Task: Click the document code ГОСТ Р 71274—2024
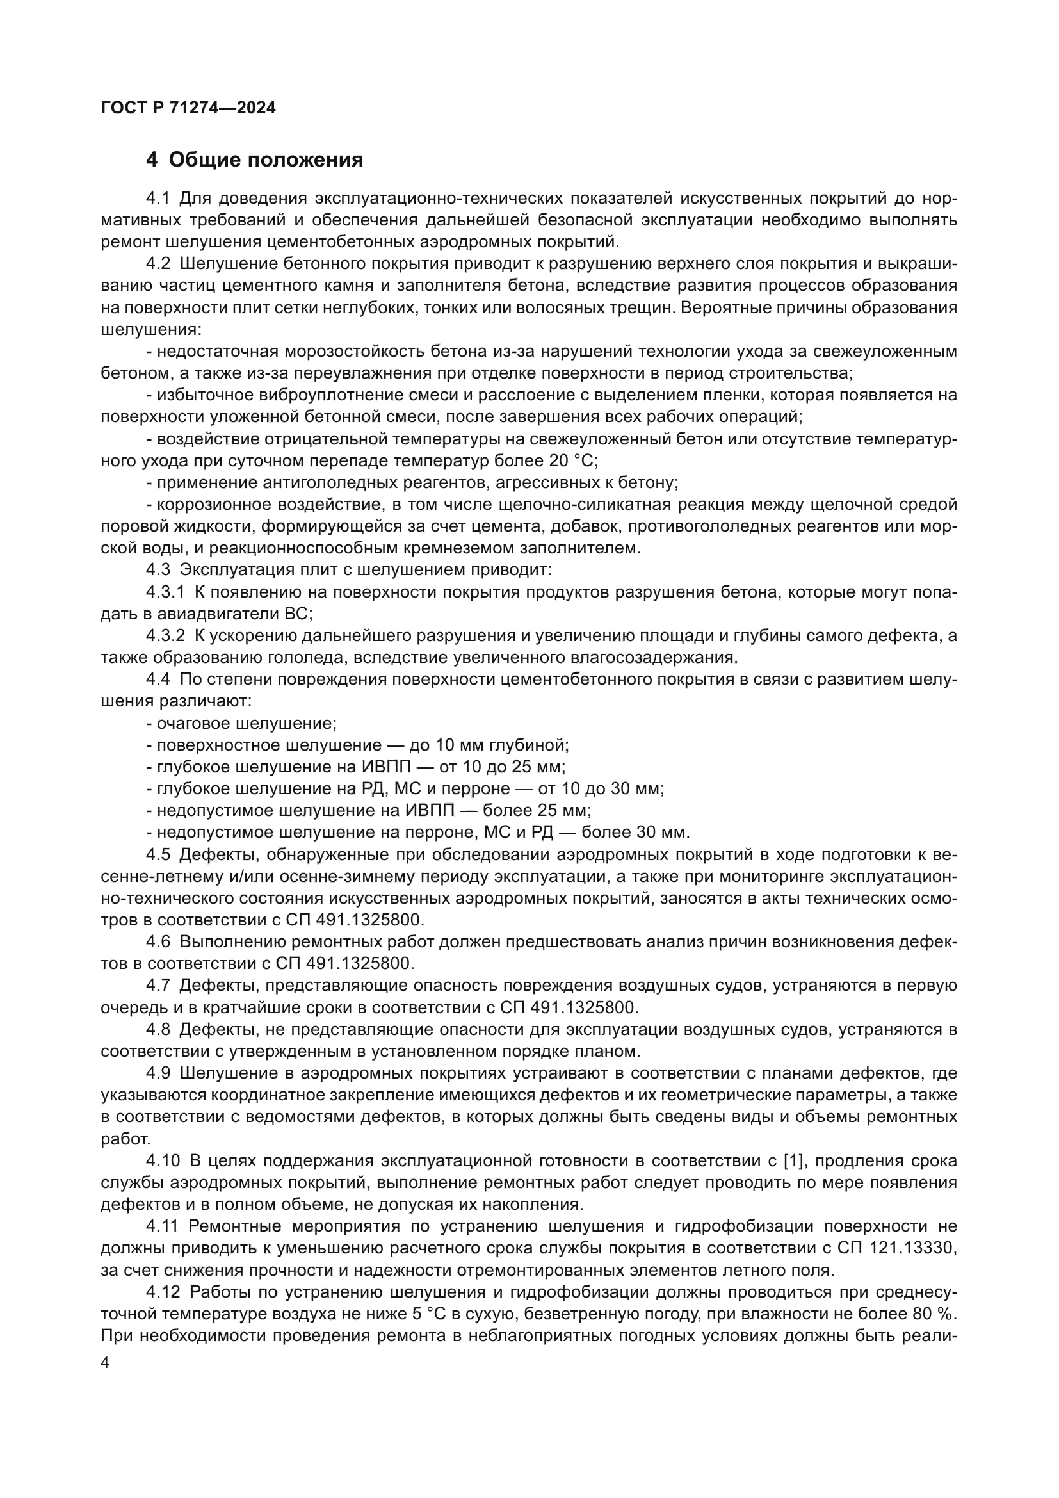coord(188,108)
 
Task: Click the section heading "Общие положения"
coord(266,160)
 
